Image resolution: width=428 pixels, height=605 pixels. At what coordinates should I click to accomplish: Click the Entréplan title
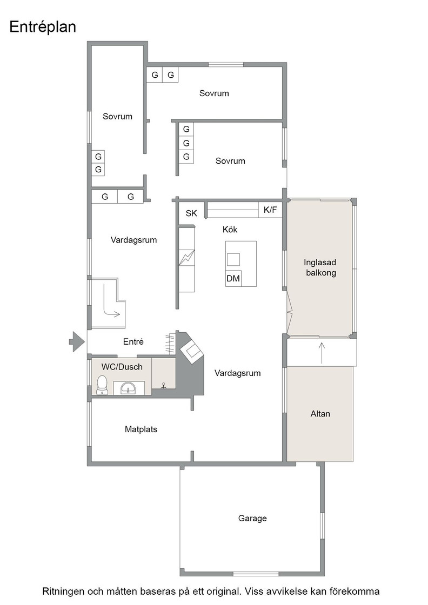43,27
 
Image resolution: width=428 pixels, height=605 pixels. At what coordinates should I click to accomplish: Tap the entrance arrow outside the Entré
77,341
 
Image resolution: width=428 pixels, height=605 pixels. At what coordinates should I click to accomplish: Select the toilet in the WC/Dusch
102,385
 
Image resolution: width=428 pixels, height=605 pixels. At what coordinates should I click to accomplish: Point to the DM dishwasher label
233,278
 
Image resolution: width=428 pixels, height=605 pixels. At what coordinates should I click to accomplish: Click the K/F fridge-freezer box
270,210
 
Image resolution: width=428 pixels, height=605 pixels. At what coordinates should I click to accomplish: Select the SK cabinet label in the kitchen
191,213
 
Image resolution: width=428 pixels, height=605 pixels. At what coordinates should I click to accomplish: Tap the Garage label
252,518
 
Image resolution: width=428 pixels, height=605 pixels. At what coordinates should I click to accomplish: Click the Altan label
320,414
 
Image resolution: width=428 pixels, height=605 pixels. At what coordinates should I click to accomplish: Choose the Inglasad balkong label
320,267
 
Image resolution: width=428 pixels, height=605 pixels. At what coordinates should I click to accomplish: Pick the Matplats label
141,429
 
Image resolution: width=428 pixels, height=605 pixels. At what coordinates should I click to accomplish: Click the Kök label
230,229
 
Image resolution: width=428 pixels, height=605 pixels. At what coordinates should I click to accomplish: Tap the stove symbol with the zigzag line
187,258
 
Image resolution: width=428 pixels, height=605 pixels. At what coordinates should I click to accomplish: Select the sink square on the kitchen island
233,260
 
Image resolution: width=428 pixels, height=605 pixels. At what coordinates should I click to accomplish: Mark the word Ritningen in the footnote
63,591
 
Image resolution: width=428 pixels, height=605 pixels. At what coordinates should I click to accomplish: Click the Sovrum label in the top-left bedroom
117,116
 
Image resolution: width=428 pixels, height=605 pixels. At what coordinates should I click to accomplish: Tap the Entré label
133,341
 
